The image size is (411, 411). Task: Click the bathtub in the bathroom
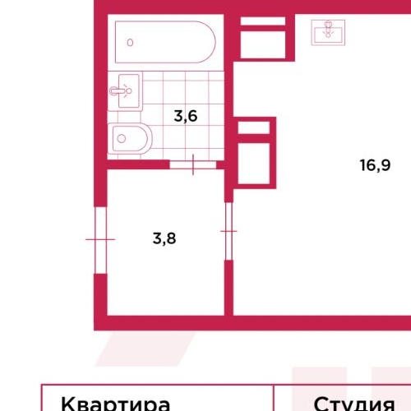click(164, 42)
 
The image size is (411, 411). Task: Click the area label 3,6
click(185, 116)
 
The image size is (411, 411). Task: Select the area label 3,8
click(165, 239)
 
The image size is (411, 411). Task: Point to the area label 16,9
click(374, 164)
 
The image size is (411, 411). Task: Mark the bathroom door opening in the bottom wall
click(193, 164)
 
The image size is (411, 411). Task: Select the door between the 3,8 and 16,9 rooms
click(229, 232)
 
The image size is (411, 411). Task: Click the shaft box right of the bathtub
click(265, 39)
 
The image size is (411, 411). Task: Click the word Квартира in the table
click(116, 404)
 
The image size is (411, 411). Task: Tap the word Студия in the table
click(353, 404)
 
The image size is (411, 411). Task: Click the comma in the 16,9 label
click(376, 169)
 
